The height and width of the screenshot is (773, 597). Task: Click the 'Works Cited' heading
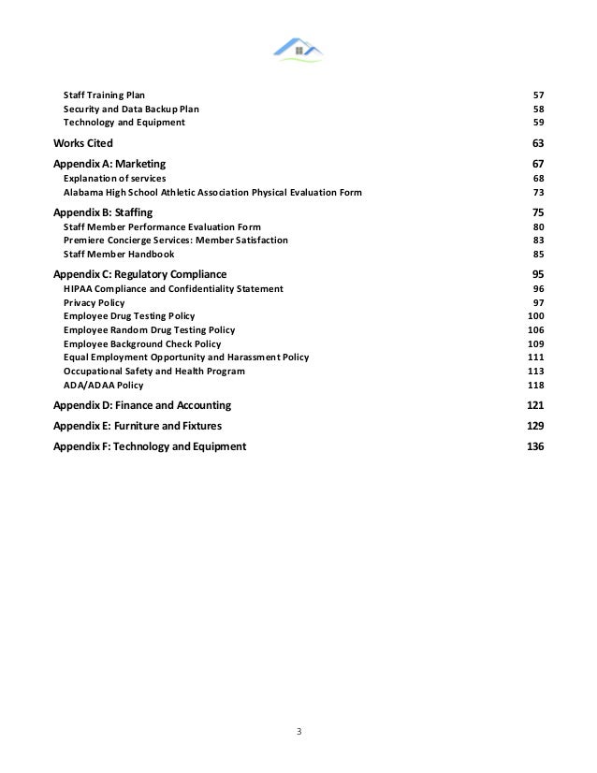click(83, 143)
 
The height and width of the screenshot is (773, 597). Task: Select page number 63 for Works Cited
click(537, 143)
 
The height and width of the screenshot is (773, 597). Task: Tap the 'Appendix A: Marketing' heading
click(109, 165)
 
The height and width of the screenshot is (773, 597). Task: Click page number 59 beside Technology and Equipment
click(538, 123)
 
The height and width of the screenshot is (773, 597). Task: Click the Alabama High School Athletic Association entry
click(212, 192)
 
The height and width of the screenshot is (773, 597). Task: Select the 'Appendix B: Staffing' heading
click(103, 213)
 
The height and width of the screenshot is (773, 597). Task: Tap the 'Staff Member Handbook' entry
click(118, 255)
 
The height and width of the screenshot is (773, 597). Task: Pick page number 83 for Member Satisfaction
click(538, 241)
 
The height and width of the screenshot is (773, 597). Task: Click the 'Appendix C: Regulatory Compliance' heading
click(140, 275)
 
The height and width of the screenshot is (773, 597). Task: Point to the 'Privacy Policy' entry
click(94, 303)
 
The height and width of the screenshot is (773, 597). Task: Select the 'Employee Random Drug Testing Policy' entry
click(149, 330)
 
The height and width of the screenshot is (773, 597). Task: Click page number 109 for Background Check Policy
click(535, 344)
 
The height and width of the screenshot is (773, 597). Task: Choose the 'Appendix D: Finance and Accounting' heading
click(142, 406)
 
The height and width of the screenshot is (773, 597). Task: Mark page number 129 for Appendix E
click(535, 426)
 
